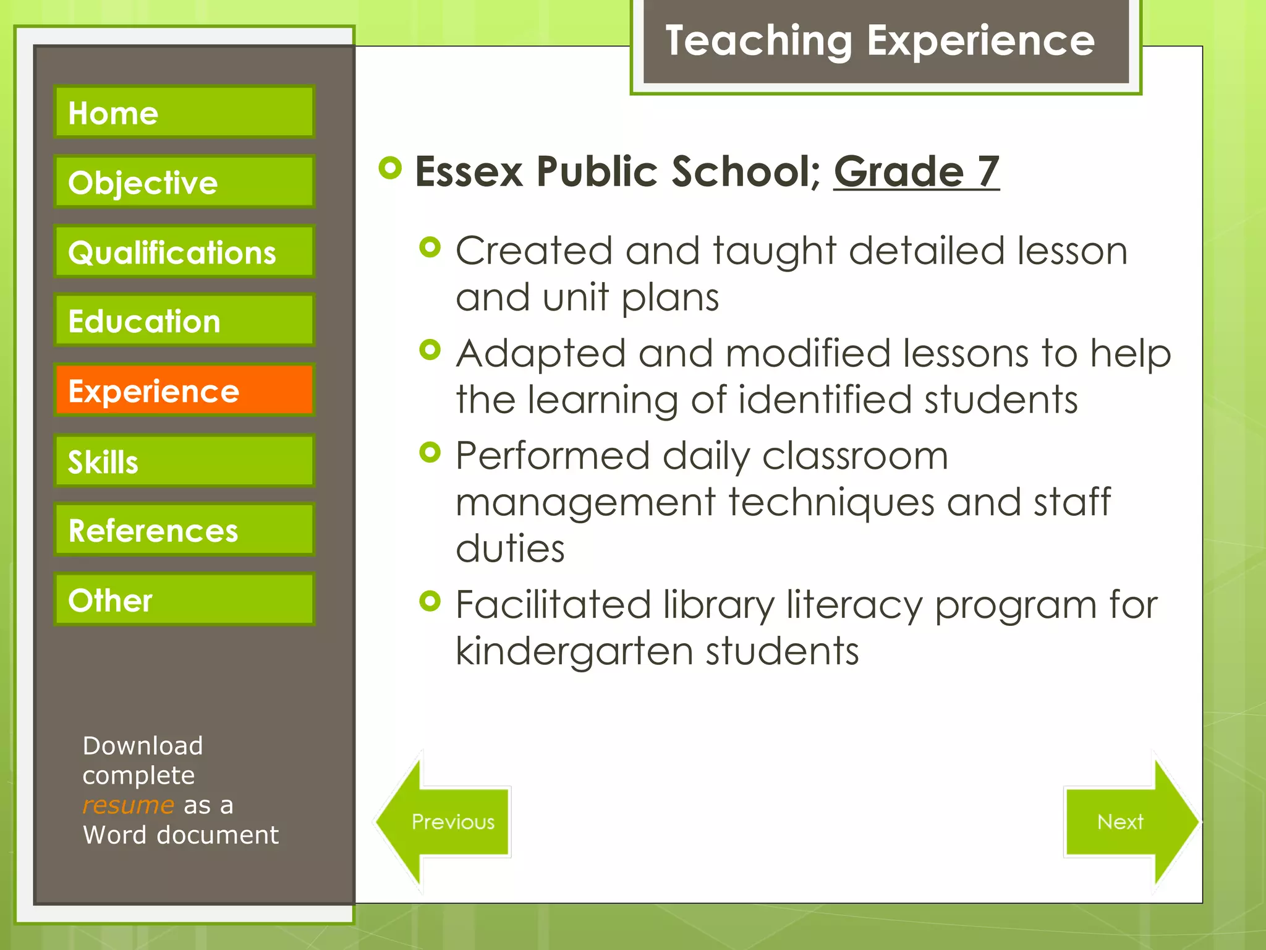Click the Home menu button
pos(184,112)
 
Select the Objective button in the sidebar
pos(184,182)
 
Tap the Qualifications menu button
pos(184,252)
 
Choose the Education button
pos(184,321)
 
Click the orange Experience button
pos(184,390)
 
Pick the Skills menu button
pos(184,461)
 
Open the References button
pos(184,530)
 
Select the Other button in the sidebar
pos(184,599)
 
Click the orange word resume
pos(129,805)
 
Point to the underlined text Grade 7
pos(916,171)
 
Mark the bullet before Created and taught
pos(430,248)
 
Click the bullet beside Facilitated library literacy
pos(430,601)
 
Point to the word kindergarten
pos(575,652)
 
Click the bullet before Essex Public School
pos(390,168)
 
